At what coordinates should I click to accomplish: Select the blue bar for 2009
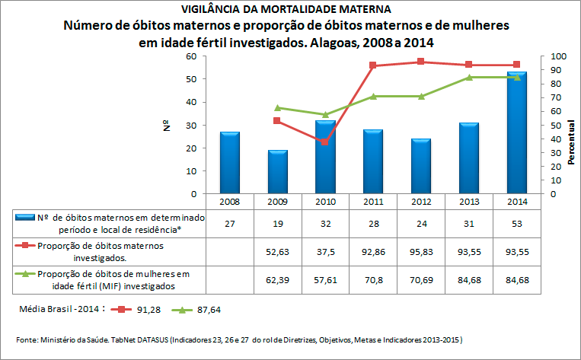pyautogui.click(x=278, y=172)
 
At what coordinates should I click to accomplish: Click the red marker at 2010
pyautogui.click(x=326, y=142)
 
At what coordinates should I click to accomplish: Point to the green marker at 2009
pyautogui.click(x=278, y=108)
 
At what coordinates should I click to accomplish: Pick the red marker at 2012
pyautogui.click(x=421, y=62)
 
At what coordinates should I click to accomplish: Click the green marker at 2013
pyautogui.click(x=469, y=78)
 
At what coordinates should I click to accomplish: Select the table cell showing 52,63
pyautogui.click(x=278, y=251)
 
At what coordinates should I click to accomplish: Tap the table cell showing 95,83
pyautogui.click(x=421, y=251)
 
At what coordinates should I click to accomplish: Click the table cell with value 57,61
pyautogui.click(x=326, y=279)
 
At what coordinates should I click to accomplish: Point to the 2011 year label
pyautogui.click(x=373, y=202)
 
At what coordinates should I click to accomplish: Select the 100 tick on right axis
pyautogui.click(x=558, y=57)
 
